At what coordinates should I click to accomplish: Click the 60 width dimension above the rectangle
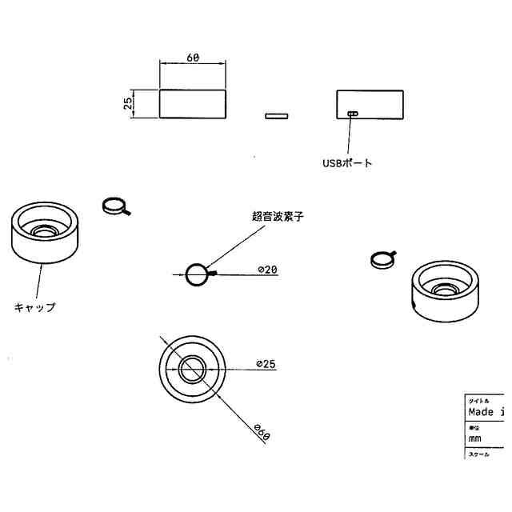click(x=192, y=58)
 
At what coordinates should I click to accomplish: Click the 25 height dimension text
click(x=128, y=105)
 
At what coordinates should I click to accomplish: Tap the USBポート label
click(x=347, y=163)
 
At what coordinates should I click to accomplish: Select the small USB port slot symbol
click(x=353, y=114)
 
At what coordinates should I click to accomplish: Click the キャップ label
click(x=35, y=306)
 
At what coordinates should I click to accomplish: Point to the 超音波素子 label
click(x=278, y=216)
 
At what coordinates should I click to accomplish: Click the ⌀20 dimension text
click(x=267, y=270)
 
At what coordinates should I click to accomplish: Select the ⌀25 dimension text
click(x=266, y=364)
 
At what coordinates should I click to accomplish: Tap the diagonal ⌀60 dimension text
click(x=262, y=432)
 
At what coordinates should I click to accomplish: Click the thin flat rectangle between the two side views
click(x=276, y=115)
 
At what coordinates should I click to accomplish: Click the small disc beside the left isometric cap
click(x=115, y=206)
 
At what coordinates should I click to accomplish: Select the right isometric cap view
click(x=445, y=292)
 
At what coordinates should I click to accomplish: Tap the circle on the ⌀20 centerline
click(x=196, y=274)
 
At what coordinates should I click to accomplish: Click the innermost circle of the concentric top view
click(x=192, y=370)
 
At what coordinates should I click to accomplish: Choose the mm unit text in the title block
click(x=474, y=439)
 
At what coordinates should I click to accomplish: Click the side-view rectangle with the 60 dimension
click(x=192, y=104)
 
